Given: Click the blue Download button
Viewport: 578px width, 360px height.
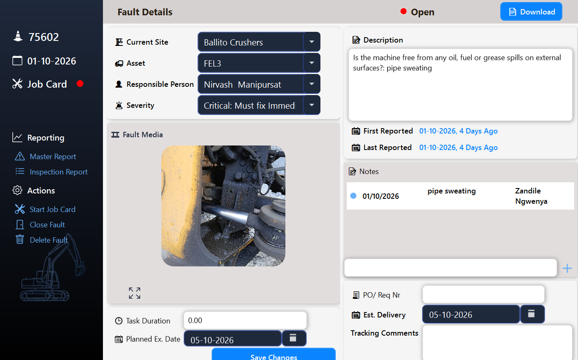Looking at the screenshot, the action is click(x=531, y=12).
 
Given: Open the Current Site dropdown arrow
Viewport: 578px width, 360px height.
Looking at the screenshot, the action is click(x=312, y=42).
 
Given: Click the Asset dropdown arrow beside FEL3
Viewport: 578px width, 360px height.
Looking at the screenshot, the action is click(x=312, y=63).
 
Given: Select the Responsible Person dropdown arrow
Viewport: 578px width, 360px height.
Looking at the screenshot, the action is click(x=312, y=84).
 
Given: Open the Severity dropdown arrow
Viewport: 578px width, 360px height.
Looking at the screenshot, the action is click(x=312, y=105).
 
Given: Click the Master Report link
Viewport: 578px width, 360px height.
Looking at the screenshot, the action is click(x=53, y=157).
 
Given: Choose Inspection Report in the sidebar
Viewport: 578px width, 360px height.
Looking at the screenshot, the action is click(x=59, y=172).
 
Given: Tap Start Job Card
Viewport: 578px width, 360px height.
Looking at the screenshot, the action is click(x=53, y=210).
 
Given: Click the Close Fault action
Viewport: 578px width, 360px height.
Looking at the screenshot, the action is click(x=47, y=224).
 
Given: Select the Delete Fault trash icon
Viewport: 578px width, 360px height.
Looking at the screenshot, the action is click(x=20, y=240).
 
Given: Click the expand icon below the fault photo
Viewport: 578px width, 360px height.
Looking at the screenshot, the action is click(x=135, y=293).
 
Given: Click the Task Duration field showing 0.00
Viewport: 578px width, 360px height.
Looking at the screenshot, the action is click(x=245, y=321).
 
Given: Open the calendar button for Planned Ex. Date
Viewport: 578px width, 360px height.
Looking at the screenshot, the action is click(x=294, y=339).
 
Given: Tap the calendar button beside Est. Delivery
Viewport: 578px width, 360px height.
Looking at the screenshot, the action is click(x=532, y=314).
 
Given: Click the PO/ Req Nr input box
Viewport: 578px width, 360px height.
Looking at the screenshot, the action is click(x=483, y=295).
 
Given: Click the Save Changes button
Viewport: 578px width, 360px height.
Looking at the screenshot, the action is click(x=274, y=355).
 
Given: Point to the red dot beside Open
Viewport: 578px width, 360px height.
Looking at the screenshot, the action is click(x=403, y=11).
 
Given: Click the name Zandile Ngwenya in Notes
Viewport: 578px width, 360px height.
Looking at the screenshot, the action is click(x=531, y=196).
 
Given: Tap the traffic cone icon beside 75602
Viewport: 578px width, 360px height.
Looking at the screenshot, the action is click(x=18, y=36).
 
